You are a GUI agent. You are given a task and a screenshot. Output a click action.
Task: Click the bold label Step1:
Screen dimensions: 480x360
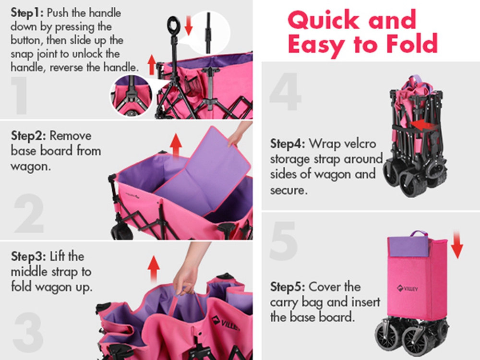coord(28,13)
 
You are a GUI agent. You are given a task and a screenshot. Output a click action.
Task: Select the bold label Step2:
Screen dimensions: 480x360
coord(29,136)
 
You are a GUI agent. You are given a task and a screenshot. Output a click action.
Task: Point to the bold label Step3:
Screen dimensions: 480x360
coord(29,256)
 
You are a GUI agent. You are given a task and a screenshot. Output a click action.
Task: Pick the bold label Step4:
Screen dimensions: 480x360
coord(288,143)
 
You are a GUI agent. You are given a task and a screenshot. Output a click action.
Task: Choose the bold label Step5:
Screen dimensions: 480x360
coord(288,287)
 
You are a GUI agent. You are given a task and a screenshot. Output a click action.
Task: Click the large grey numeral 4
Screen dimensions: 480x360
coord(285,91)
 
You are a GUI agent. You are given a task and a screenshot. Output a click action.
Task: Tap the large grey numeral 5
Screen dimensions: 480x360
coord(284,241)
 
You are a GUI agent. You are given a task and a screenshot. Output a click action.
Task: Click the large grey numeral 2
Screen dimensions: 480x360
coord(29,213)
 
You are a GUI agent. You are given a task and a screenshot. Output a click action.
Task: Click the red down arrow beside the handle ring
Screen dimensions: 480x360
coord(189,25)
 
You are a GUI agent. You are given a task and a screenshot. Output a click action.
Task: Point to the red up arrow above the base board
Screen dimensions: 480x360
coord(176,146)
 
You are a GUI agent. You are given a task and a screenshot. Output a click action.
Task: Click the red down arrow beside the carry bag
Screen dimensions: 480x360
coord(457,244)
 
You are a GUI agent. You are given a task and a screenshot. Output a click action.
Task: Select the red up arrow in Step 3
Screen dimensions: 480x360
coord(154,269)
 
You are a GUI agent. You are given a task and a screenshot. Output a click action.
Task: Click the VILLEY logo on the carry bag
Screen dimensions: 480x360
coord(408,288)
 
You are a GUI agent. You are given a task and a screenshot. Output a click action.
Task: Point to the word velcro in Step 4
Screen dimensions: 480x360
coord(358,143)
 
